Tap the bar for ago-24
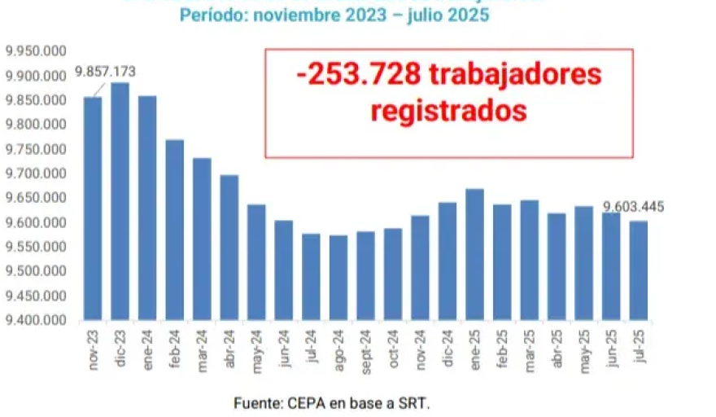tap(338, 278)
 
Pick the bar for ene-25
tap(474, 254)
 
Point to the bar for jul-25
tap(638, 270)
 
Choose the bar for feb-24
tap(174, 230)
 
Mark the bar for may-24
tap(256, 262)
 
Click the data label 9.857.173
tap(105, 72)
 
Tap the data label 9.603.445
tap(633, 207)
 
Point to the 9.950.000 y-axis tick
tap(34, 51)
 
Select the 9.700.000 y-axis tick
tap(34, 173)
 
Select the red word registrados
tap(448, 110)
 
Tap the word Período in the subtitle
tap(211, 15)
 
